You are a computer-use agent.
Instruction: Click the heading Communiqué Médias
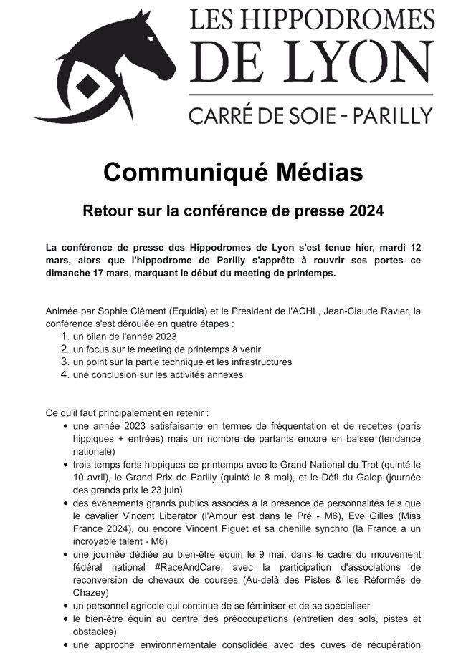[x=233, y=173]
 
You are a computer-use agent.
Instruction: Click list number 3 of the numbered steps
[x=64, y=362]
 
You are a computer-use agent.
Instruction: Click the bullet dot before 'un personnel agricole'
[x=66, y=605]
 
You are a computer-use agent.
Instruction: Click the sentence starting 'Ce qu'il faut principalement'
[x=127, y=413]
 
